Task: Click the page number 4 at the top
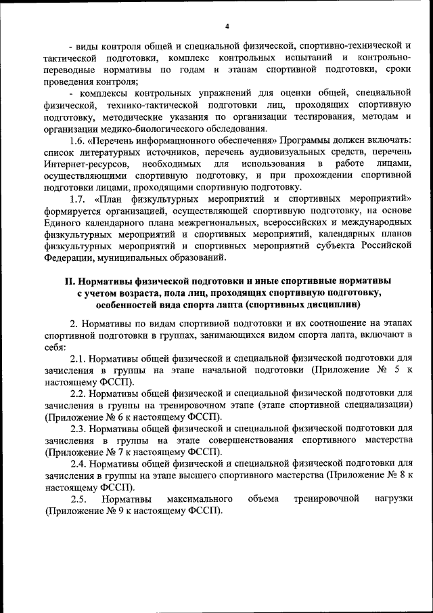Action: tap(227, 26)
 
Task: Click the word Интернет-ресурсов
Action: tap(85, 164)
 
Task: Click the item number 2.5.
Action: tap(80, 499)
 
